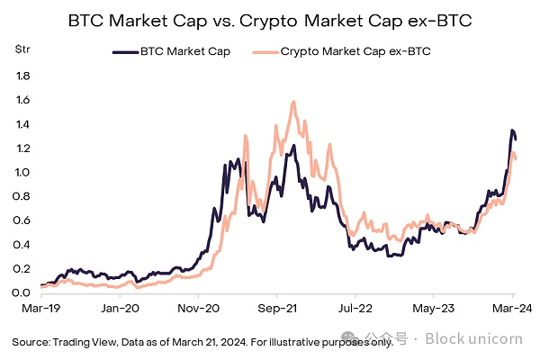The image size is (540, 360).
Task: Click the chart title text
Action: tap(270, 19)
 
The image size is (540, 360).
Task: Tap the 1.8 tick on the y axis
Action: tap(22, 76)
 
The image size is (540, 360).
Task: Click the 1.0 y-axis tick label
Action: tap(22, 172)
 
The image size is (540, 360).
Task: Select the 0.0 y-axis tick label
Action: tap(22, 292)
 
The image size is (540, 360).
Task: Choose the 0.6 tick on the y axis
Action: tap(22, 220)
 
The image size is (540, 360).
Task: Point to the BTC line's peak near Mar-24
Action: tap(512, 130)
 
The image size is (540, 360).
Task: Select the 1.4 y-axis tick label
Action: tap(22, 124)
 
